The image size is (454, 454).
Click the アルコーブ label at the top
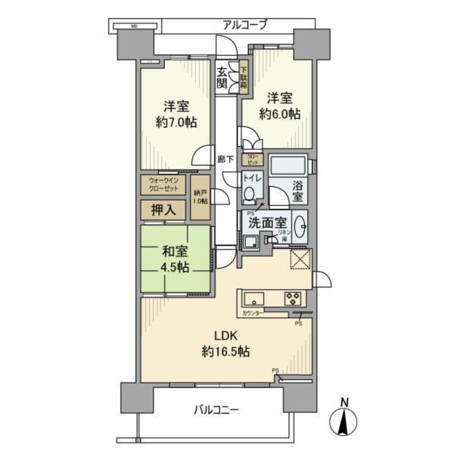(x=244, y=24)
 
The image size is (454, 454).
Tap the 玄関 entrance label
(x=222, y=77)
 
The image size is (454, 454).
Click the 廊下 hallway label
(x=224, y=160)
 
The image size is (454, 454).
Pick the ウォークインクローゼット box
(x=164, y=185)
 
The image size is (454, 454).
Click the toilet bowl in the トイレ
(x=250, y=194)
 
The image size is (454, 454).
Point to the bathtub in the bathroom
(x=288, y=165)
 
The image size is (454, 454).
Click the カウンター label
(x=253, y=313)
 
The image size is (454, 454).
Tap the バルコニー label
(x=216, y=410)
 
